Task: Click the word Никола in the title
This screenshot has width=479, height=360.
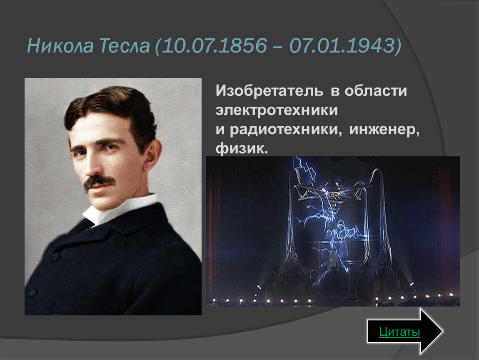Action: (x=60, y=45)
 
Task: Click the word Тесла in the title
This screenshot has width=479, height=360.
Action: (x=125, y=45)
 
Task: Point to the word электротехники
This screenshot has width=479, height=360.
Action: (x=277, y=110)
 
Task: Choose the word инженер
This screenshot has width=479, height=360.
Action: (x=384, y=130)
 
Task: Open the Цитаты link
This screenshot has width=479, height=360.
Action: (x=399, y=332)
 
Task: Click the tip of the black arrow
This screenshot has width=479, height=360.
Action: (x=443, y=331)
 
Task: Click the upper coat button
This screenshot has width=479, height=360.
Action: (x=55, y=256)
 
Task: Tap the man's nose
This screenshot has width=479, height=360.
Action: (x=92, y=163)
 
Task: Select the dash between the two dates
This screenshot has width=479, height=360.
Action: (x=278, y=46)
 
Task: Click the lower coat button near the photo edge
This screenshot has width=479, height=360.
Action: (x=32, y=292)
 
